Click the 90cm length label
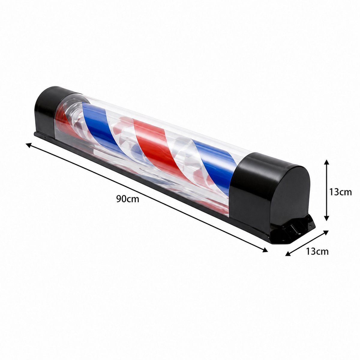pyautogui.click(x=128, y=199)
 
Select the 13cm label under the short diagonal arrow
pyautogui.click(x=317, y=251)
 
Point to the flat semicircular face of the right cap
pyautogui.click(x=290, y=196)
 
